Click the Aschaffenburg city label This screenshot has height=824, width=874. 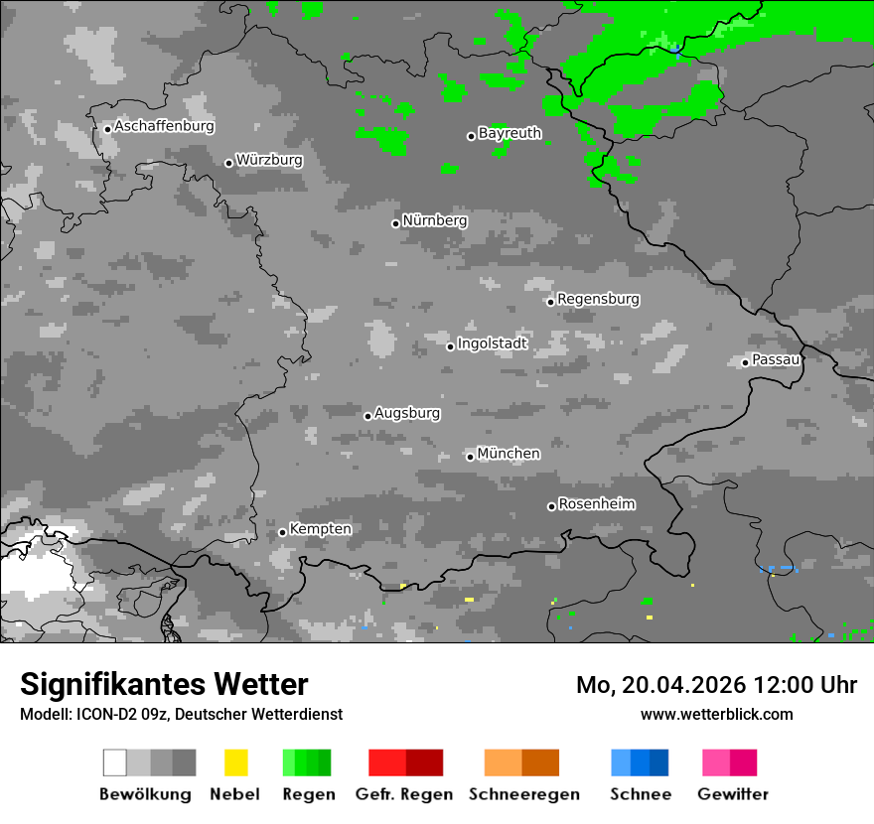(x=164, y=127)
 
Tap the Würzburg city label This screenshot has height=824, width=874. (x=269, y=160)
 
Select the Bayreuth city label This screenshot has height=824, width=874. (x=510, y=133)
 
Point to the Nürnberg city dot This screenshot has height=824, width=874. (x=395, y=223)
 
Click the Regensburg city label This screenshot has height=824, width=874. (x=598, y=299)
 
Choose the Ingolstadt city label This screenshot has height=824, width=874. (x=493, y=343)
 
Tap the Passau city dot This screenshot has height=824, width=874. (x=745, y=362)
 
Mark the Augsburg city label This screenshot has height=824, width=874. (x=407, y=413)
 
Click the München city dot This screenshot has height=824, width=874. (x=470, y=457)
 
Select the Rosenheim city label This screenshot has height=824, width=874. (x=597, y=504)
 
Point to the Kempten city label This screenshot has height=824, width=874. (x=320, y=529)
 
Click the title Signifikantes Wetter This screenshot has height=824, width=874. (x=164, y=685)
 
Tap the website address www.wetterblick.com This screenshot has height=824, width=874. (x=716, y=714)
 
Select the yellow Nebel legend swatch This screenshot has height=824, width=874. (x=235, y=762)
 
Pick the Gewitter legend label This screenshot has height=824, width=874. (x=733, y=794)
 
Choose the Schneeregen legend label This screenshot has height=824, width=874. (x=521, y=794)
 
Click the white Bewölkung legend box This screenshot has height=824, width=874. (x=115, y=762)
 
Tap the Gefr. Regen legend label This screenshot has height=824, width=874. (x=404, y=794)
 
